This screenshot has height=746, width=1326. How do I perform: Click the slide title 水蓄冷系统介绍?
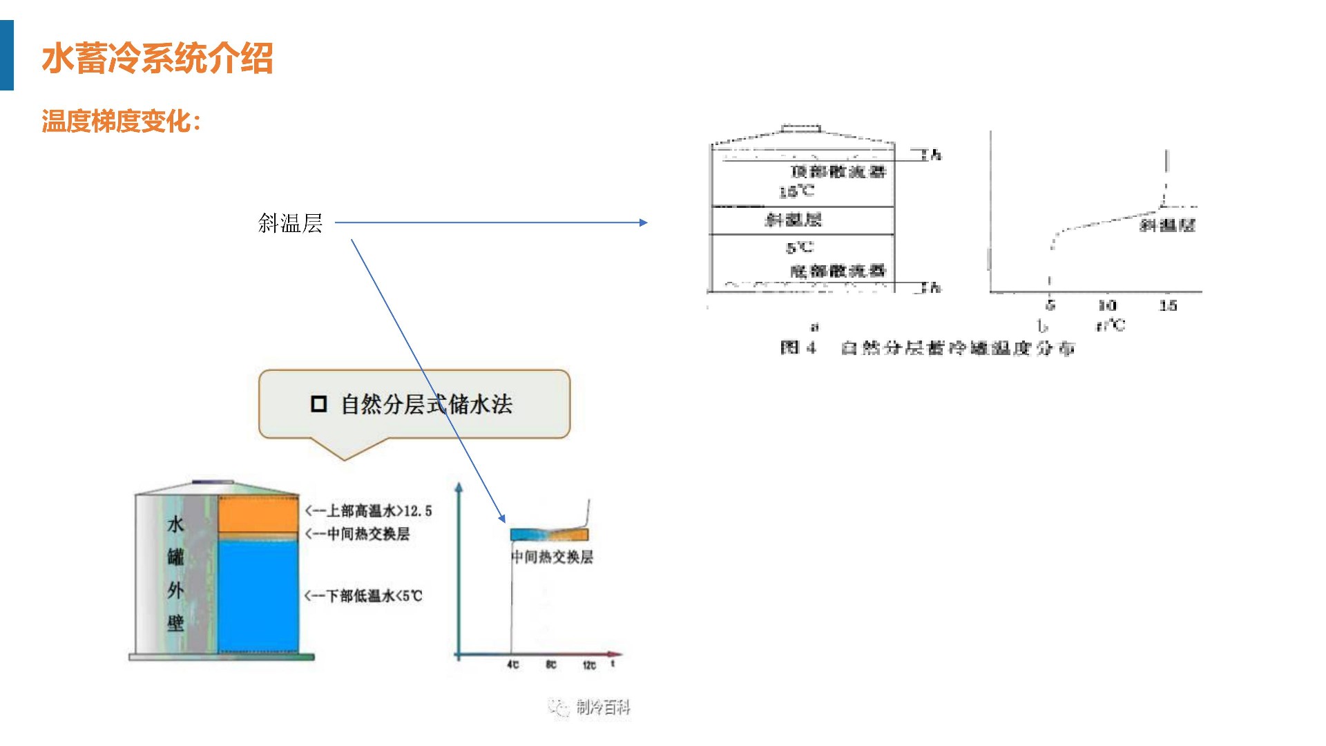coord(157,58)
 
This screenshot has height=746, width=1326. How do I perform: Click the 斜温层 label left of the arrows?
coord(290,223)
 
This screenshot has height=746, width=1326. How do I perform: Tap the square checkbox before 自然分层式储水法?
coord(318,404)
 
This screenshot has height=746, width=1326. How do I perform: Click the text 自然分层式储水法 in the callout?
coord(426,405)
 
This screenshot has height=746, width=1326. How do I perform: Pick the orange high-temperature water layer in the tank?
coord(258,514)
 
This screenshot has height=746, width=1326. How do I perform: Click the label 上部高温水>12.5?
coord(369,511)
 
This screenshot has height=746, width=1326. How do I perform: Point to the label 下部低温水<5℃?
coord(364,595)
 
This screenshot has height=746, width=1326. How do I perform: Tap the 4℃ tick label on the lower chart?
coord(512,664)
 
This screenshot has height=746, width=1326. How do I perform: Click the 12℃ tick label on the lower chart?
coord(588,664)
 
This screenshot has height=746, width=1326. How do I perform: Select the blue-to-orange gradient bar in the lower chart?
coord(549,535)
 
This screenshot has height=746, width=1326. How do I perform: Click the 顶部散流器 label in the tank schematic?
coord(838,171)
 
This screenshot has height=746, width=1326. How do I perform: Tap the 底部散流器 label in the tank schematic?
coord(837,271)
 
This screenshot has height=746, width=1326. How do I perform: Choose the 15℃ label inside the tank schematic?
coord(796,191)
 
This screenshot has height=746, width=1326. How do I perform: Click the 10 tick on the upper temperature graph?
coord(1107,305)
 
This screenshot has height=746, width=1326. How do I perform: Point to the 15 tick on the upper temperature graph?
coord(1168,305)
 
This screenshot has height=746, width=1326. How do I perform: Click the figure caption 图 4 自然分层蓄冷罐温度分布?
coord(927,347)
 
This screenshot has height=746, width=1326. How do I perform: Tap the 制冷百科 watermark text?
coord(603,707)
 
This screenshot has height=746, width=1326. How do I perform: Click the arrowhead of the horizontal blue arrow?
coord(644,222)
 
